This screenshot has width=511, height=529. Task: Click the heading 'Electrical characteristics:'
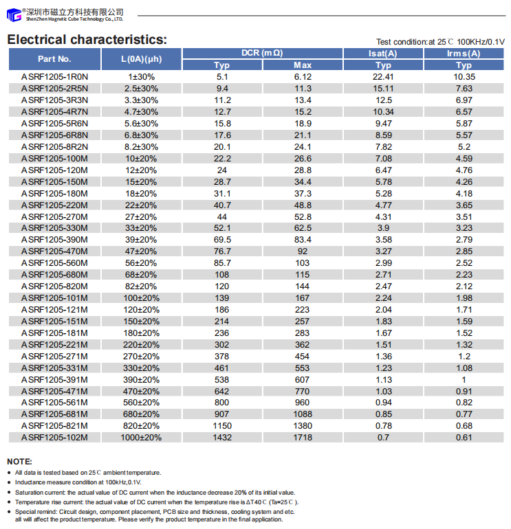point(87,39)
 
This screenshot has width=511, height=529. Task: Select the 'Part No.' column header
point(55,59)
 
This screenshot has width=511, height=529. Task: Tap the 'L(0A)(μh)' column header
point(141,59)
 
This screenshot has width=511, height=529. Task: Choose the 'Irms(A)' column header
point(464,54)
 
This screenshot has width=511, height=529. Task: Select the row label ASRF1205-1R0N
point(55,77)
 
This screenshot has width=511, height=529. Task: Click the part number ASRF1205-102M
point(55,438)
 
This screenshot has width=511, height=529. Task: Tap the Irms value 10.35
point(464,77)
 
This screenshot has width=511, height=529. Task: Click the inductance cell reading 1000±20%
point(141,438)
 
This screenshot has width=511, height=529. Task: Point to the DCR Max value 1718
point(303,438)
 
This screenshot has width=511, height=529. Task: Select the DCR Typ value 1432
point(222,438)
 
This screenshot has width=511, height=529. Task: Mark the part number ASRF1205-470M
point(55,251)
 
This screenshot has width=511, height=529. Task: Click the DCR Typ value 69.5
point(222,240)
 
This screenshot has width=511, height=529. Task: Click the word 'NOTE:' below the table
point(19,461)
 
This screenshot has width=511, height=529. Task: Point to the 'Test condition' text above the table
point(440,41)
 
